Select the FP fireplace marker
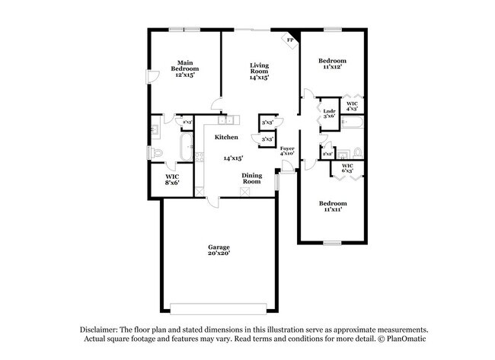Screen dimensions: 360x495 290,40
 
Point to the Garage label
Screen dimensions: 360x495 219,247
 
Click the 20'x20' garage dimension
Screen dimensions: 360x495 219,254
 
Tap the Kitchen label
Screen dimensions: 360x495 226,137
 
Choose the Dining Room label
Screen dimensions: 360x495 252,178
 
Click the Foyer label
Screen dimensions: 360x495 287,148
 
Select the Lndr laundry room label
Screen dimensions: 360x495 329,111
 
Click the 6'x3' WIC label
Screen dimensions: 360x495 347,167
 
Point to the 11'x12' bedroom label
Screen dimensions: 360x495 332,63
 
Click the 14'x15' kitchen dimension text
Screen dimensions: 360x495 232,158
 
